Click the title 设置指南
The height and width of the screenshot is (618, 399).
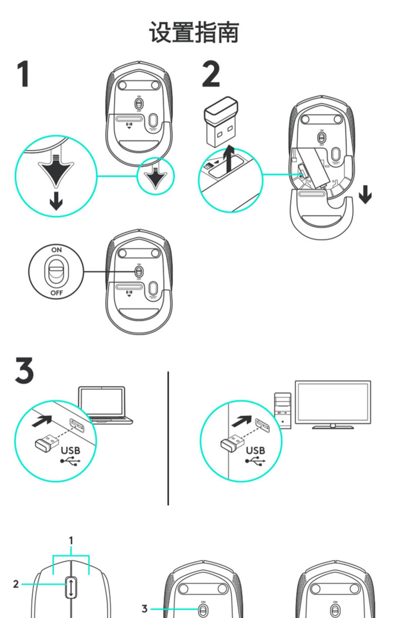(194, 32)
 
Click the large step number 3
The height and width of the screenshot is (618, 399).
(24, 370)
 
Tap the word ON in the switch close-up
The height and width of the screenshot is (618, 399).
(56, 250)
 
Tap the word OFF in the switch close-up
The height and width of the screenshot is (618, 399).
(57, 293)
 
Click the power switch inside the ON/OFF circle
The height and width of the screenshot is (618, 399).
(56, 272)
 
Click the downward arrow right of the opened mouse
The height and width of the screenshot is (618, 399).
(365, 195)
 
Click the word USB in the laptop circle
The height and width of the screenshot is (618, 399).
(70, 451)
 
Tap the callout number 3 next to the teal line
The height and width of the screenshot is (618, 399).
(144, 609)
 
